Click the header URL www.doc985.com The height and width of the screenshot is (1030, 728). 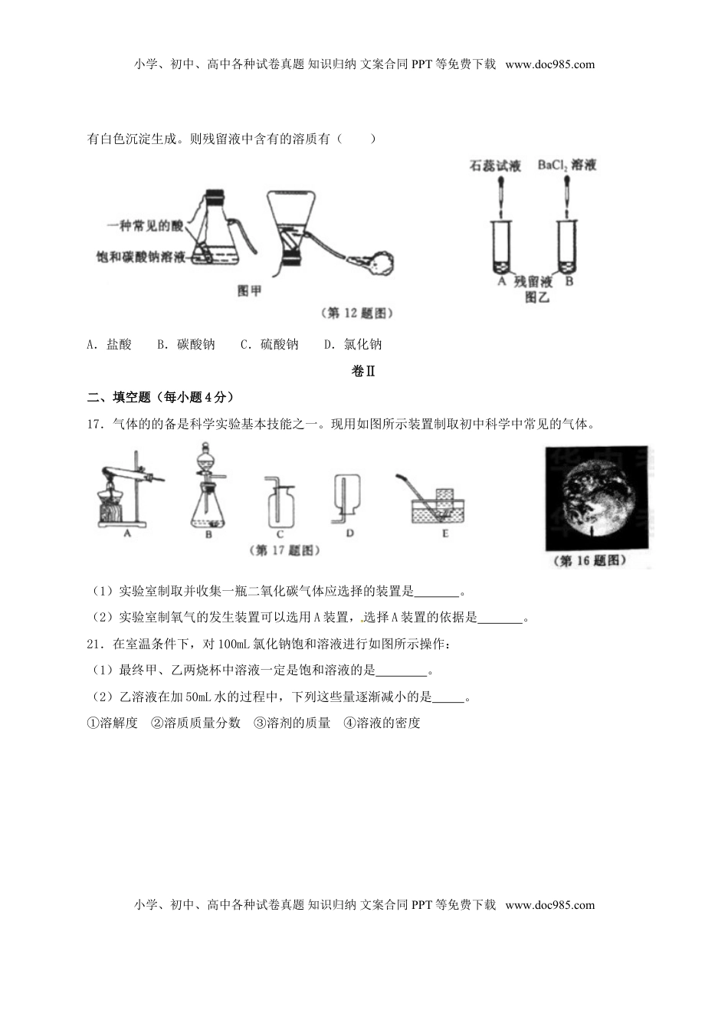coord(550,64)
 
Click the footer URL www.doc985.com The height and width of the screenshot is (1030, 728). coord(550,905)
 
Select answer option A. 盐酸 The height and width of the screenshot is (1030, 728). coord(110,345)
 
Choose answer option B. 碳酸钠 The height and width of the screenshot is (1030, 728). coord(185,345)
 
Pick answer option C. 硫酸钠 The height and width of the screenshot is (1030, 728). coord(269,345)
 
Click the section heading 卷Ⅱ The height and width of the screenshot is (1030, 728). coord(363,371)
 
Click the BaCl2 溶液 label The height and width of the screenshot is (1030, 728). coord(567,165)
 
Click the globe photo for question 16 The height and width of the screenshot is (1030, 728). coord(595,498)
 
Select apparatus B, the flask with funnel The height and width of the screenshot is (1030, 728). coord(208,490)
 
